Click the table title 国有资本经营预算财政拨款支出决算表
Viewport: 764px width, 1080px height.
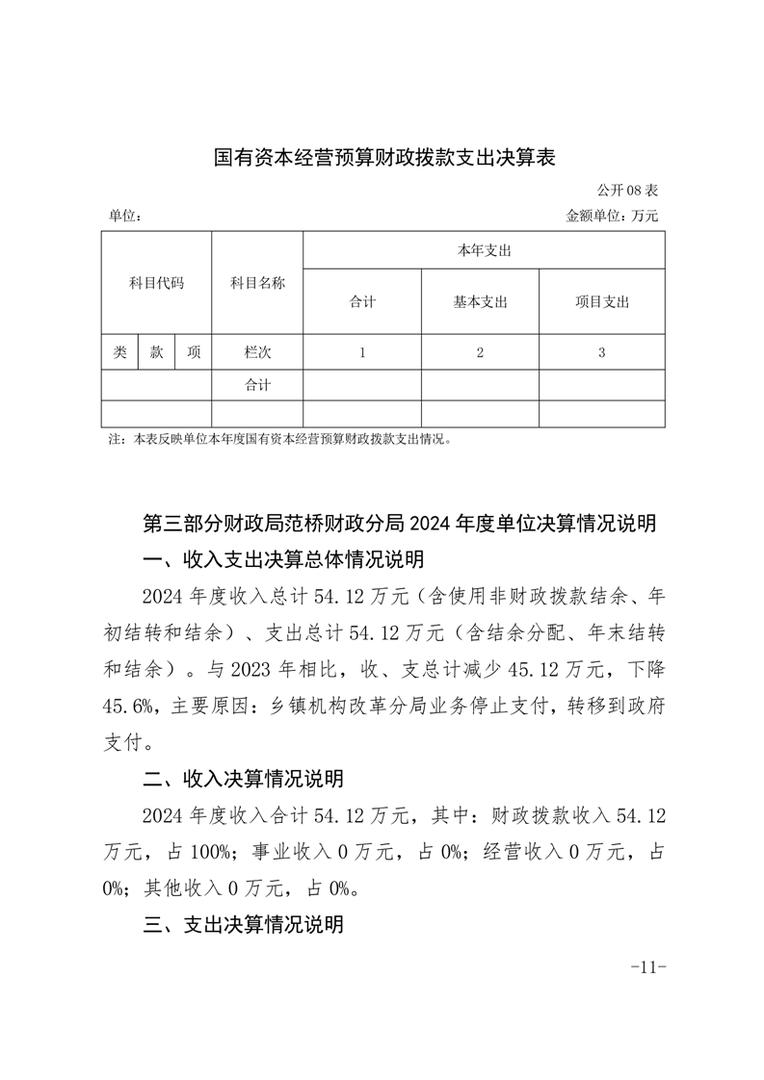pos(385,158)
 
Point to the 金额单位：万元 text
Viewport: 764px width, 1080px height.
pos(612,217)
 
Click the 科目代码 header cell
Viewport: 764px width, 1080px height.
pos(156,283)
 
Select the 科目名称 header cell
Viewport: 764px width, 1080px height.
pos(257,283)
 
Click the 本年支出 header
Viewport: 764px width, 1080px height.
pos(483,250)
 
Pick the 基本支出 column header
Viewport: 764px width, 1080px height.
pos(480,302)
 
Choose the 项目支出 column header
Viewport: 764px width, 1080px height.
pos(601,302)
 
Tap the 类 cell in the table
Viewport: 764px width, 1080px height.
pos(119,352)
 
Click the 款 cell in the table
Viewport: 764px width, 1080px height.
pos(156,352)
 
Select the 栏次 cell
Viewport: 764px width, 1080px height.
pos(257,352)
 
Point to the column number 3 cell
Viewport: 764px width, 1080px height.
pos(601,352)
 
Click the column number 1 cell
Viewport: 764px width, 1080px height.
pos(362,352)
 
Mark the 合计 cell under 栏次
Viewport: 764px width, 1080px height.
pos(257,385)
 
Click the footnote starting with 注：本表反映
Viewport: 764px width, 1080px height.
pos(279,440)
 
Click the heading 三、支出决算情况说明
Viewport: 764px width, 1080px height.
pos(243,925)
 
